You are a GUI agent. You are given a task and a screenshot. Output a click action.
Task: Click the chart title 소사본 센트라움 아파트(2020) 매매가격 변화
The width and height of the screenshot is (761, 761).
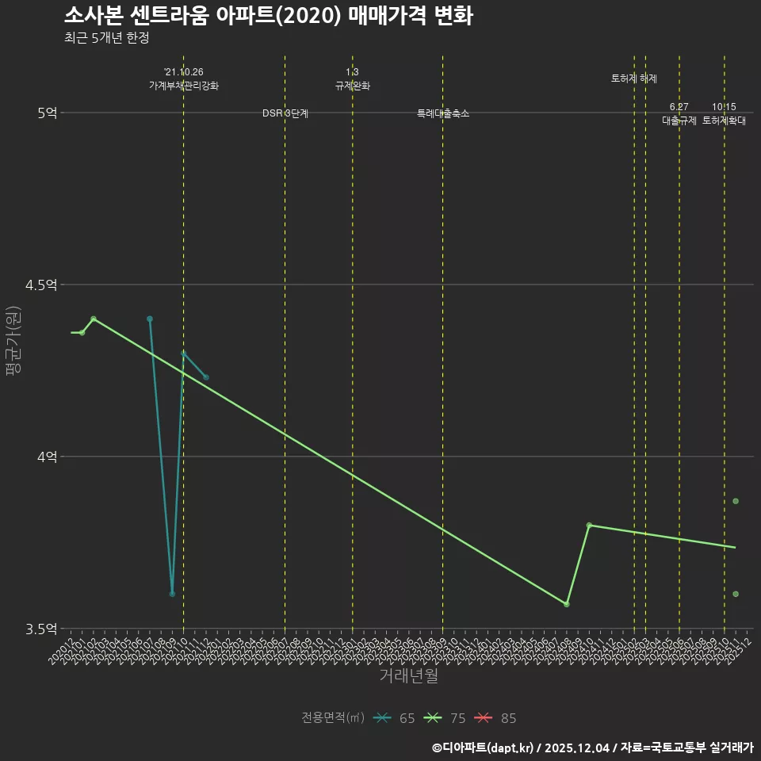268,16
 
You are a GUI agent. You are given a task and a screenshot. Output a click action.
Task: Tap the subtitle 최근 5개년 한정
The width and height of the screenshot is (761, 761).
106,38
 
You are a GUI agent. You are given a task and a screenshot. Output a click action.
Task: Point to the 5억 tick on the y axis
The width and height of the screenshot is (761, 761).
47,113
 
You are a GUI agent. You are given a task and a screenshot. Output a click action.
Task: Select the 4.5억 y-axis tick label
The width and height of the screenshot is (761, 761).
42,285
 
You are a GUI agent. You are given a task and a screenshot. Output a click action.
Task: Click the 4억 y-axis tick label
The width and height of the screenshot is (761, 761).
47,457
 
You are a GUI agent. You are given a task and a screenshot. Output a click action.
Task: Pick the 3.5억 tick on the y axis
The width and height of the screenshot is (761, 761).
42,629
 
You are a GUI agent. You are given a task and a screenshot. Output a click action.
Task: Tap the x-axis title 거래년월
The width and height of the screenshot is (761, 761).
408,675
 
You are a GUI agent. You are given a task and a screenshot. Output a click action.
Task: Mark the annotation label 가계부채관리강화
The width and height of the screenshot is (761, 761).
184,86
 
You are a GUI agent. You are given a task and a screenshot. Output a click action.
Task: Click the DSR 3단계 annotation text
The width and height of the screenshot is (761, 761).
285,114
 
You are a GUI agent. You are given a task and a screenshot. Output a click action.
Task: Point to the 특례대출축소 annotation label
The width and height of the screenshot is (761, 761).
443,114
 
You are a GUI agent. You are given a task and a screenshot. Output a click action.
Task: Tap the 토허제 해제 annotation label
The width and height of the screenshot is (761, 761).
634,78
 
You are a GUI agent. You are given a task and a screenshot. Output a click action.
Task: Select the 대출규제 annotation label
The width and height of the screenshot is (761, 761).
679,121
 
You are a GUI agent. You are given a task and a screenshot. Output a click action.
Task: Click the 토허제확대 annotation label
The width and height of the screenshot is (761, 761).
724,121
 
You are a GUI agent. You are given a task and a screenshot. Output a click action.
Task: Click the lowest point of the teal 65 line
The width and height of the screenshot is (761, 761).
172,594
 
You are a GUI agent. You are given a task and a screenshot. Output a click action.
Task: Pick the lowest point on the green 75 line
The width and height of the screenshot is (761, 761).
567,604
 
